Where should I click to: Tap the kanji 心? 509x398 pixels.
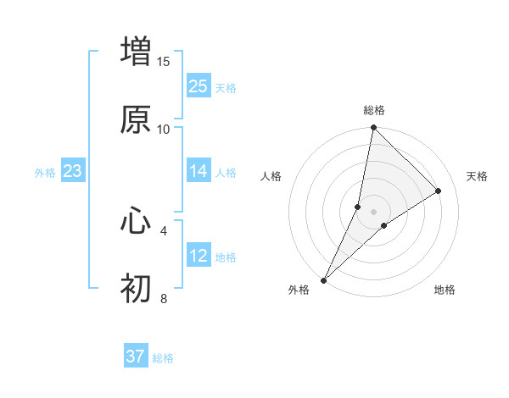(x=136, y=220)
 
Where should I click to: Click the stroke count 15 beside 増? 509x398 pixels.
(x=164, y=61)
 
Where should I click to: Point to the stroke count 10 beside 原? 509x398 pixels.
(x=164, y=129)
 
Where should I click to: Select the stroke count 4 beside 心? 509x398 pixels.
(x=164, y=229)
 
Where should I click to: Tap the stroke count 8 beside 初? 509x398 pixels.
(x=164, y=298)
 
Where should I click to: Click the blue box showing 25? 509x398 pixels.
(x=199, y=86)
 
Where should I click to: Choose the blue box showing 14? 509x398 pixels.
(x=199, y=171)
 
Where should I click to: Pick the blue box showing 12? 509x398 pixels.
(x=199, y=256)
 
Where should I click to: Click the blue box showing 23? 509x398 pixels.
(x=73, y=171)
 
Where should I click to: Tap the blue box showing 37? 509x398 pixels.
(x=136, y=357)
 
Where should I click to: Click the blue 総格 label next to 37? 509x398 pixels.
(x=163, y=358)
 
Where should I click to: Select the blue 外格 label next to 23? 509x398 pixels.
(x=45, y=172)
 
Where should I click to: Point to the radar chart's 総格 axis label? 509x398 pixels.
(x=374, y=111)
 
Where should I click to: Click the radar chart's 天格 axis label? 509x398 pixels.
(x=477, y=176)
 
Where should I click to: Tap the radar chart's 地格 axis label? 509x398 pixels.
(x=445, y=290)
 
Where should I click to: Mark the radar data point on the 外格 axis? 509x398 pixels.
(x=323, y=279)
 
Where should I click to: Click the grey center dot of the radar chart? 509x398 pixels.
(x=374, y=211)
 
